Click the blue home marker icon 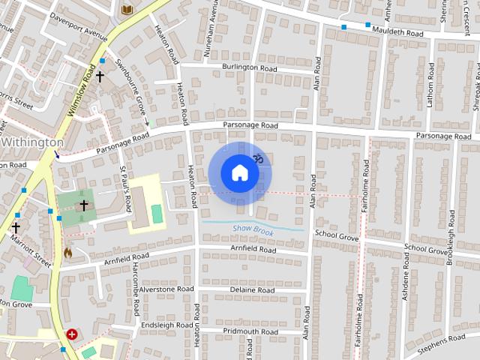(x=239, y=173)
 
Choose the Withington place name (x=33, y=142)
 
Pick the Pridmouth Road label (x=250, y=331)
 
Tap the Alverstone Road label (x=166, y=289)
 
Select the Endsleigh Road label (x=166, y=325)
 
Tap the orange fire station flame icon (x=68, y=253)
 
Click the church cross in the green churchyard (x=83, y=205)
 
